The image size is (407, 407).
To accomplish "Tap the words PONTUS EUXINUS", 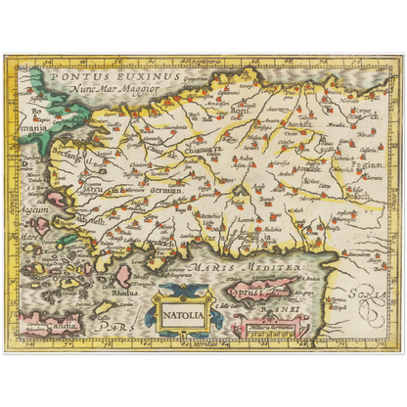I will click(113, 73).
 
